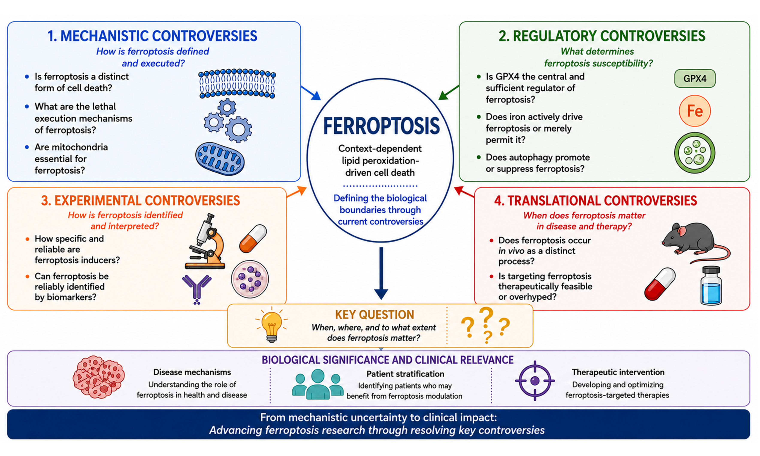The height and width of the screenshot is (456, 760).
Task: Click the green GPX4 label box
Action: point(695,78)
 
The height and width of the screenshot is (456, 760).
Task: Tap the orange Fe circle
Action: point(695,111)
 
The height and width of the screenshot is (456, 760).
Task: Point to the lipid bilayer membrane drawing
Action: point(237,83)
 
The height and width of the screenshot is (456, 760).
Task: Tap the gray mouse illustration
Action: point(695,243)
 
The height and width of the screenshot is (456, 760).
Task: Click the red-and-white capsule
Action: point(660,284)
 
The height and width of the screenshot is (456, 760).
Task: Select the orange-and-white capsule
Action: point(253,239)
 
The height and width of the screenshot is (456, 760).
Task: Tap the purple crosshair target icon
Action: point(535,381)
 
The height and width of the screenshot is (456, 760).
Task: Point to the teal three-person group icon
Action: point(317,384)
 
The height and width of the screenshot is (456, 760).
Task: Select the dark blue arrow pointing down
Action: point(381,273)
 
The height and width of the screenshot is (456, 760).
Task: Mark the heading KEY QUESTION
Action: point(375,315)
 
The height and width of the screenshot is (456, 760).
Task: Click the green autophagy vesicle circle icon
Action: point(695,153)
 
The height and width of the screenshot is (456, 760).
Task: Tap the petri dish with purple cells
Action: point(250,279)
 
